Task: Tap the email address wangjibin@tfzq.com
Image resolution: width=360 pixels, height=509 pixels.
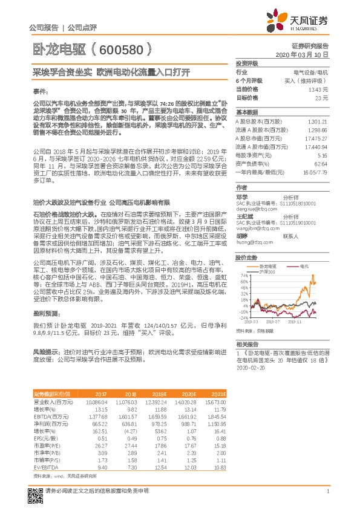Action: tap(255, 230)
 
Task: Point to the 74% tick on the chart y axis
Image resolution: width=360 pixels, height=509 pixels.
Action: tap(244, 275)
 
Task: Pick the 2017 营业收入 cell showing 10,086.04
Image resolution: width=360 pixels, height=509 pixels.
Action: tap(97, 401)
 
